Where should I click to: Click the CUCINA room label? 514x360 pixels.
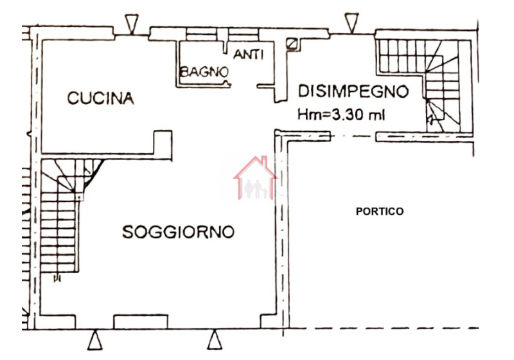pyautogui.click(x=101, y=98)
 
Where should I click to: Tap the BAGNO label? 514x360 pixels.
pyautogui.click(x=204, y=72)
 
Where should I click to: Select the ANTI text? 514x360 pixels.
pyautogui.click(x=249, y=55)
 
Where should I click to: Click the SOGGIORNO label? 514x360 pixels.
pyautogui.click(x=178, y=232)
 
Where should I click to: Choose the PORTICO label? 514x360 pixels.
pyautogui.click(x=380, y=211)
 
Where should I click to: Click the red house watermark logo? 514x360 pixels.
pyautogui.click(x=255, y=178)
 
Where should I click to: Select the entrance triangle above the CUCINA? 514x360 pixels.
pyautogui.click(x=132, y=24)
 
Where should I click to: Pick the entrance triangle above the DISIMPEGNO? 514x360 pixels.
pyautogui.click(x=350, y=22)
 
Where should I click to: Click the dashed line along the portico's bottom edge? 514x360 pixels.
pyautogui.click(x=385, y=328)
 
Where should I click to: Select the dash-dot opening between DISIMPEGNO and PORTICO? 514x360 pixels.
pyautogui.click(x=353, y=136)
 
